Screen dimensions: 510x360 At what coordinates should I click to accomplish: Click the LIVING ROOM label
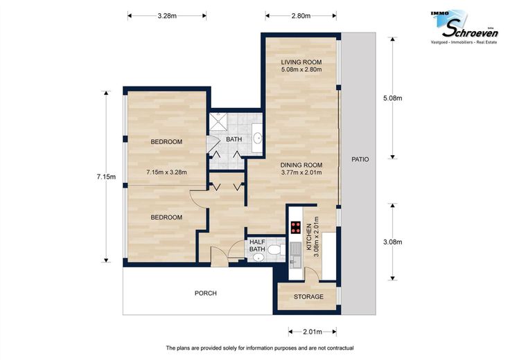(x=301, y=62)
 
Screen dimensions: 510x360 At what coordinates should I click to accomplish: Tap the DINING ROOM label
(x=301, y=165)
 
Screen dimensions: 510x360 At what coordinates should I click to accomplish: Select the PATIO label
(x=360, y=159)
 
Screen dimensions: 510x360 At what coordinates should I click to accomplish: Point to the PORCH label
(x=206, y=294)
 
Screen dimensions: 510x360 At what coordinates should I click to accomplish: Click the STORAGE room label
(x=308, y=297)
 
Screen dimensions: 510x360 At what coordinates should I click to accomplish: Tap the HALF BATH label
(x=257, y=246)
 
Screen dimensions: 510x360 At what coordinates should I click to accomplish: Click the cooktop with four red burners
(x=296, y=228)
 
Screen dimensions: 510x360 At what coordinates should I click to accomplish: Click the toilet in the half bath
(x=277, y=251)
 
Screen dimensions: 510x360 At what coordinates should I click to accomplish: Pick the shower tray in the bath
(x=218, y=122)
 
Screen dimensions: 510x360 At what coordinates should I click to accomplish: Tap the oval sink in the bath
(x=258, y=138)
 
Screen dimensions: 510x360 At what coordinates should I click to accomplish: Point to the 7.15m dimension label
(x=106, y=177)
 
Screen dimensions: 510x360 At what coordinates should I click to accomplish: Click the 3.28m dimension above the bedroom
(x=167, y=16)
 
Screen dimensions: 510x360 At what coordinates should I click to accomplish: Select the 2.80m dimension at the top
(x=301, y=16)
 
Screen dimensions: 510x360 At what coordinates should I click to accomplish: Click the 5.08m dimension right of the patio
(x=393, y=98)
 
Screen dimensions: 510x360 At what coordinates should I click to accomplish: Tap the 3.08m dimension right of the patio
(x=393, y=242)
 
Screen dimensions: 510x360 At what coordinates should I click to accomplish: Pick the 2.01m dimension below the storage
(x=313, y=332)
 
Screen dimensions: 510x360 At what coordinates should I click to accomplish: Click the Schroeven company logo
(x=465, y=27)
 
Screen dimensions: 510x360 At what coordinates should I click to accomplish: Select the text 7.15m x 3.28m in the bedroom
(x=166, y=172)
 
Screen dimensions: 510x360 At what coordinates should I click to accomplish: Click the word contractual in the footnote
(x=340, y=348)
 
